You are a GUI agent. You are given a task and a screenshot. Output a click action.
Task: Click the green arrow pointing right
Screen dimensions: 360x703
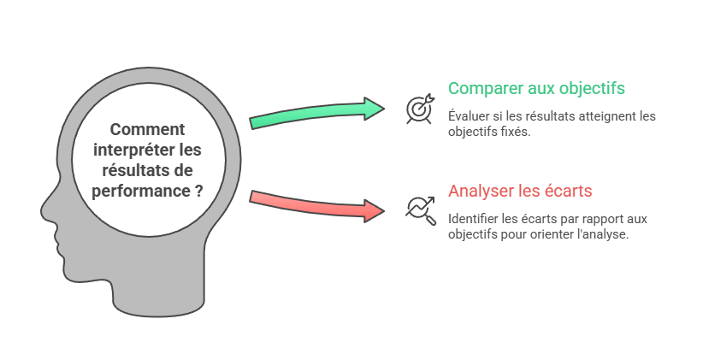coord(316,114)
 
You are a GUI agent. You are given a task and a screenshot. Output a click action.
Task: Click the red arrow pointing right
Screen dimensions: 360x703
coord(316,204)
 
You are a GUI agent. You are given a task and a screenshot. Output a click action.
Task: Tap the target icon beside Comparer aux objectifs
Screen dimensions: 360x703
coord(419,109)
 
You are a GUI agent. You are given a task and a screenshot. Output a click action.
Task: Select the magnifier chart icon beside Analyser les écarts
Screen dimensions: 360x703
coord(419,208)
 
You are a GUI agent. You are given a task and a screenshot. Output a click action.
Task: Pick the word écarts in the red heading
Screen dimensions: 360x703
coord(569,190)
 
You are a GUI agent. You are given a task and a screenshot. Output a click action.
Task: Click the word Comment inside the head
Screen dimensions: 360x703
coord(148,131)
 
